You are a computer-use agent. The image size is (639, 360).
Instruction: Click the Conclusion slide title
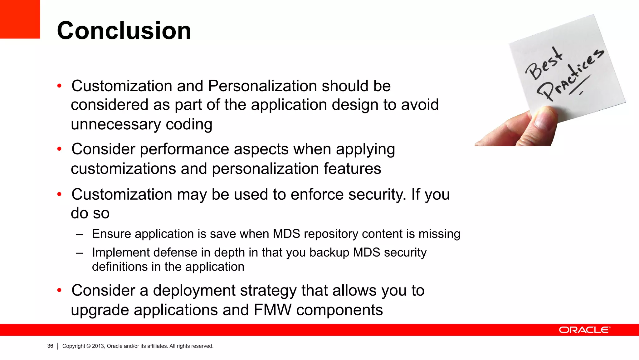point(124,31)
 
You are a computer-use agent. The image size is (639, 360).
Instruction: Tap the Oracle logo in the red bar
point(584,330)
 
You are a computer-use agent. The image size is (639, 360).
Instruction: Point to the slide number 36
point(50,346)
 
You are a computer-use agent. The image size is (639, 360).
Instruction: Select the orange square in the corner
point(20,19)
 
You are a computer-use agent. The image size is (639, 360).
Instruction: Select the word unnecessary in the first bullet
point(115,124)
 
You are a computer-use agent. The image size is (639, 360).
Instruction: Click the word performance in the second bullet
point(184,149)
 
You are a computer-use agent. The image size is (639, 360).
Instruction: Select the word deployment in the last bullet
point(194,290)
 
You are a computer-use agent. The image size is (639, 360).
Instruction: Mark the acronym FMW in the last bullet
point(273,310)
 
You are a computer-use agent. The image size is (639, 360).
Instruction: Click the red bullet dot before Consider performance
point(60,149)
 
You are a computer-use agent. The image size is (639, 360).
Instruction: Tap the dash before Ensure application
point(79,234)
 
